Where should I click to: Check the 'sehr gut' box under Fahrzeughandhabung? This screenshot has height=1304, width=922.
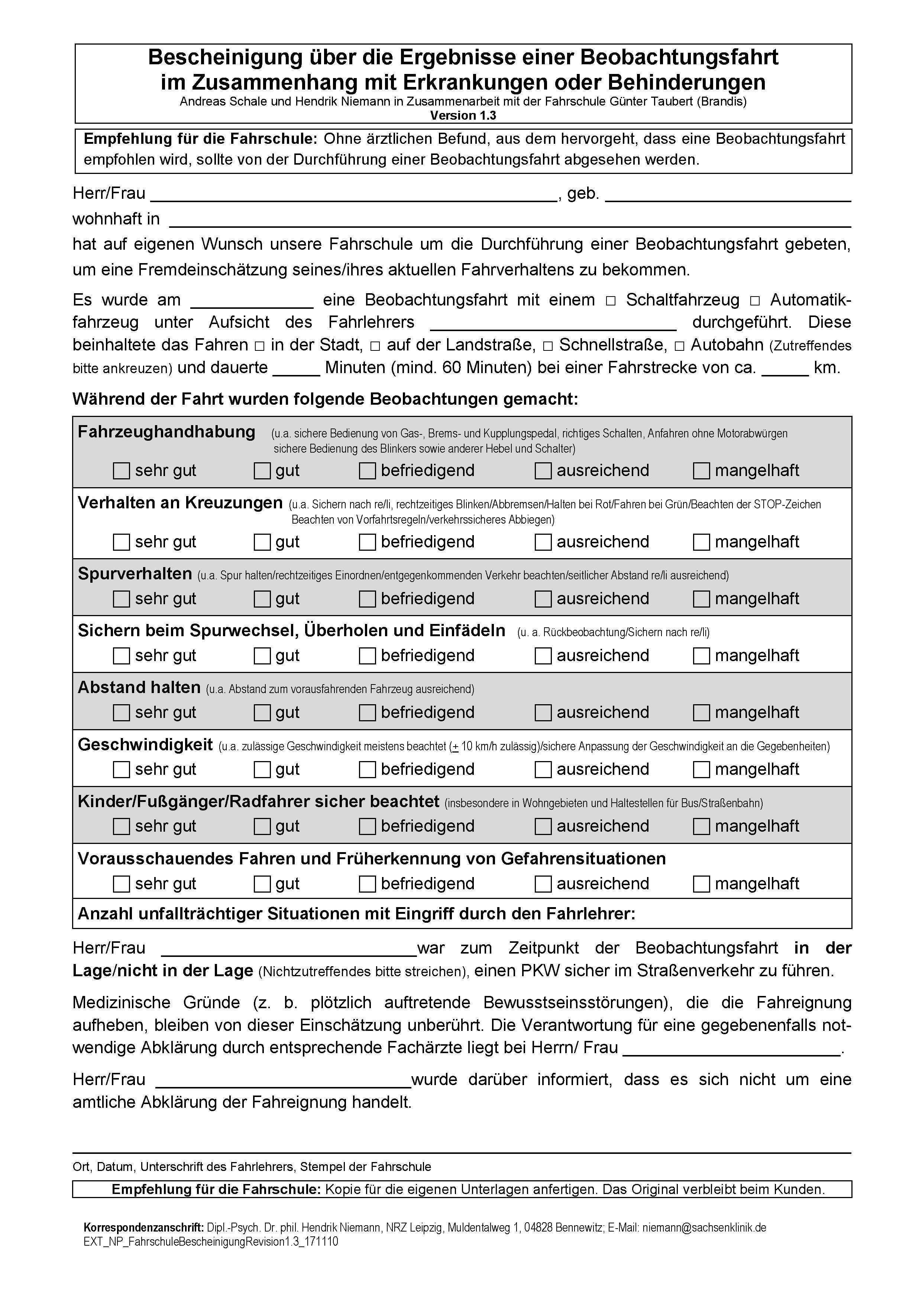coord(121,471)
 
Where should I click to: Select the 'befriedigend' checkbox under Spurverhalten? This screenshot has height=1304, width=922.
coord(367,599)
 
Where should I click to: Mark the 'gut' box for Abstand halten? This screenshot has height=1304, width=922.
coord(262,713)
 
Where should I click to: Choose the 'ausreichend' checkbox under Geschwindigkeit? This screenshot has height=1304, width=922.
coord(543,770)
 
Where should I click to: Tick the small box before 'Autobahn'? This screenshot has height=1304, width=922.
coord(680,346)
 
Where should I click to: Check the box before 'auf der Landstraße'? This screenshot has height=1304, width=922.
coord(375,346)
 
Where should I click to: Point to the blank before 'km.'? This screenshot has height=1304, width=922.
coord(784,370)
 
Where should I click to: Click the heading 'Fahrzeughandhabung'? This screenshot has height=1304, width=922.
coord(166,432)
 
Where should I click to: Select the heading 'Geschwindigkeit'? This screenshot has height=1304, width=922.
coord(145,745)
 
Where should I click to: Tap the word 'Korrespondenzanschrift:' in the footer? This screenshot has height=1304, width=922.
coord(144,1227)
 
